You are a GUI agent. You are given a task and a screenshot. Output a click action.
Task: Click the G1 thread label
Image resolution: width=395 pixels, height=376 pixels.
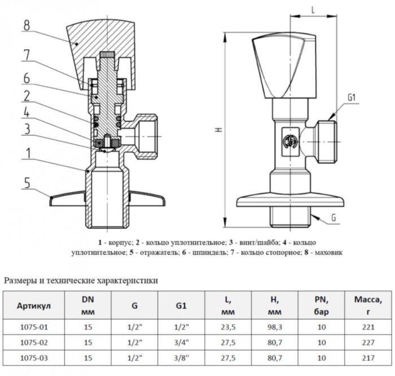[352, 98]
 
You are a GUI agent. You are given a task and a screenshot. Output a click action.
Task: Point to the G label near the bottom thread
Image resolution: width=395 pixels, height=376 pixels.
[334, 217]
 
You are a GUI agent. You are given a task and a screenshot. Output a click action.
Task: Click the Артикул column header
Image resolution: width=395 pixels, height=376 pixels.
[34, 306]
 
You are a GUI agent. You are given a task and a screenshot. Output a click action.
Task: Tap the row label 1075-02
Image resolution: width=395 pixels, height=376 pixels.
[34, 343]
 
